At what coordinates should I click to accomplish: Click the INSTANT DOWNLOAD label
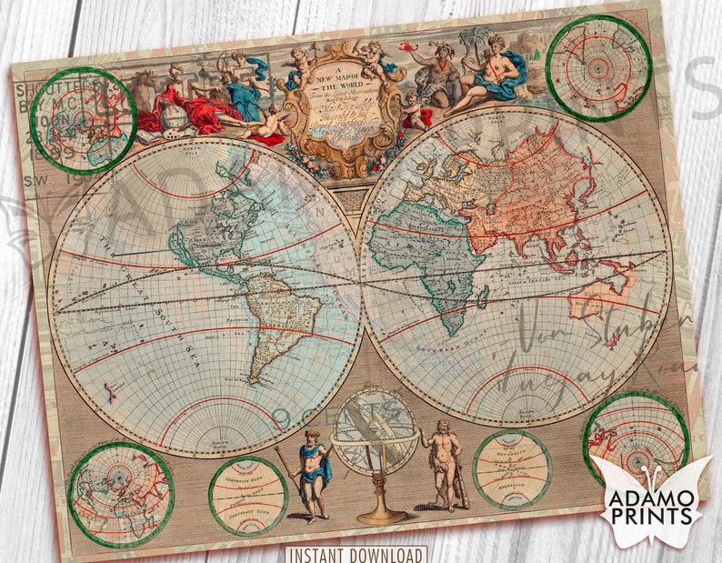[356, 554]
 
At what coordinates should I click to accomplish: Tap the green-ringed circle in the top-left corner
[83, 119]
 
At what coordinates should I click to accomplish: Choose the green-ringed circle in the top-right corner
[598, 67]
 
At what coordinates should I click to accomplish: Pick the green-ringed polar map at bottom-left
[120, 493]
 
